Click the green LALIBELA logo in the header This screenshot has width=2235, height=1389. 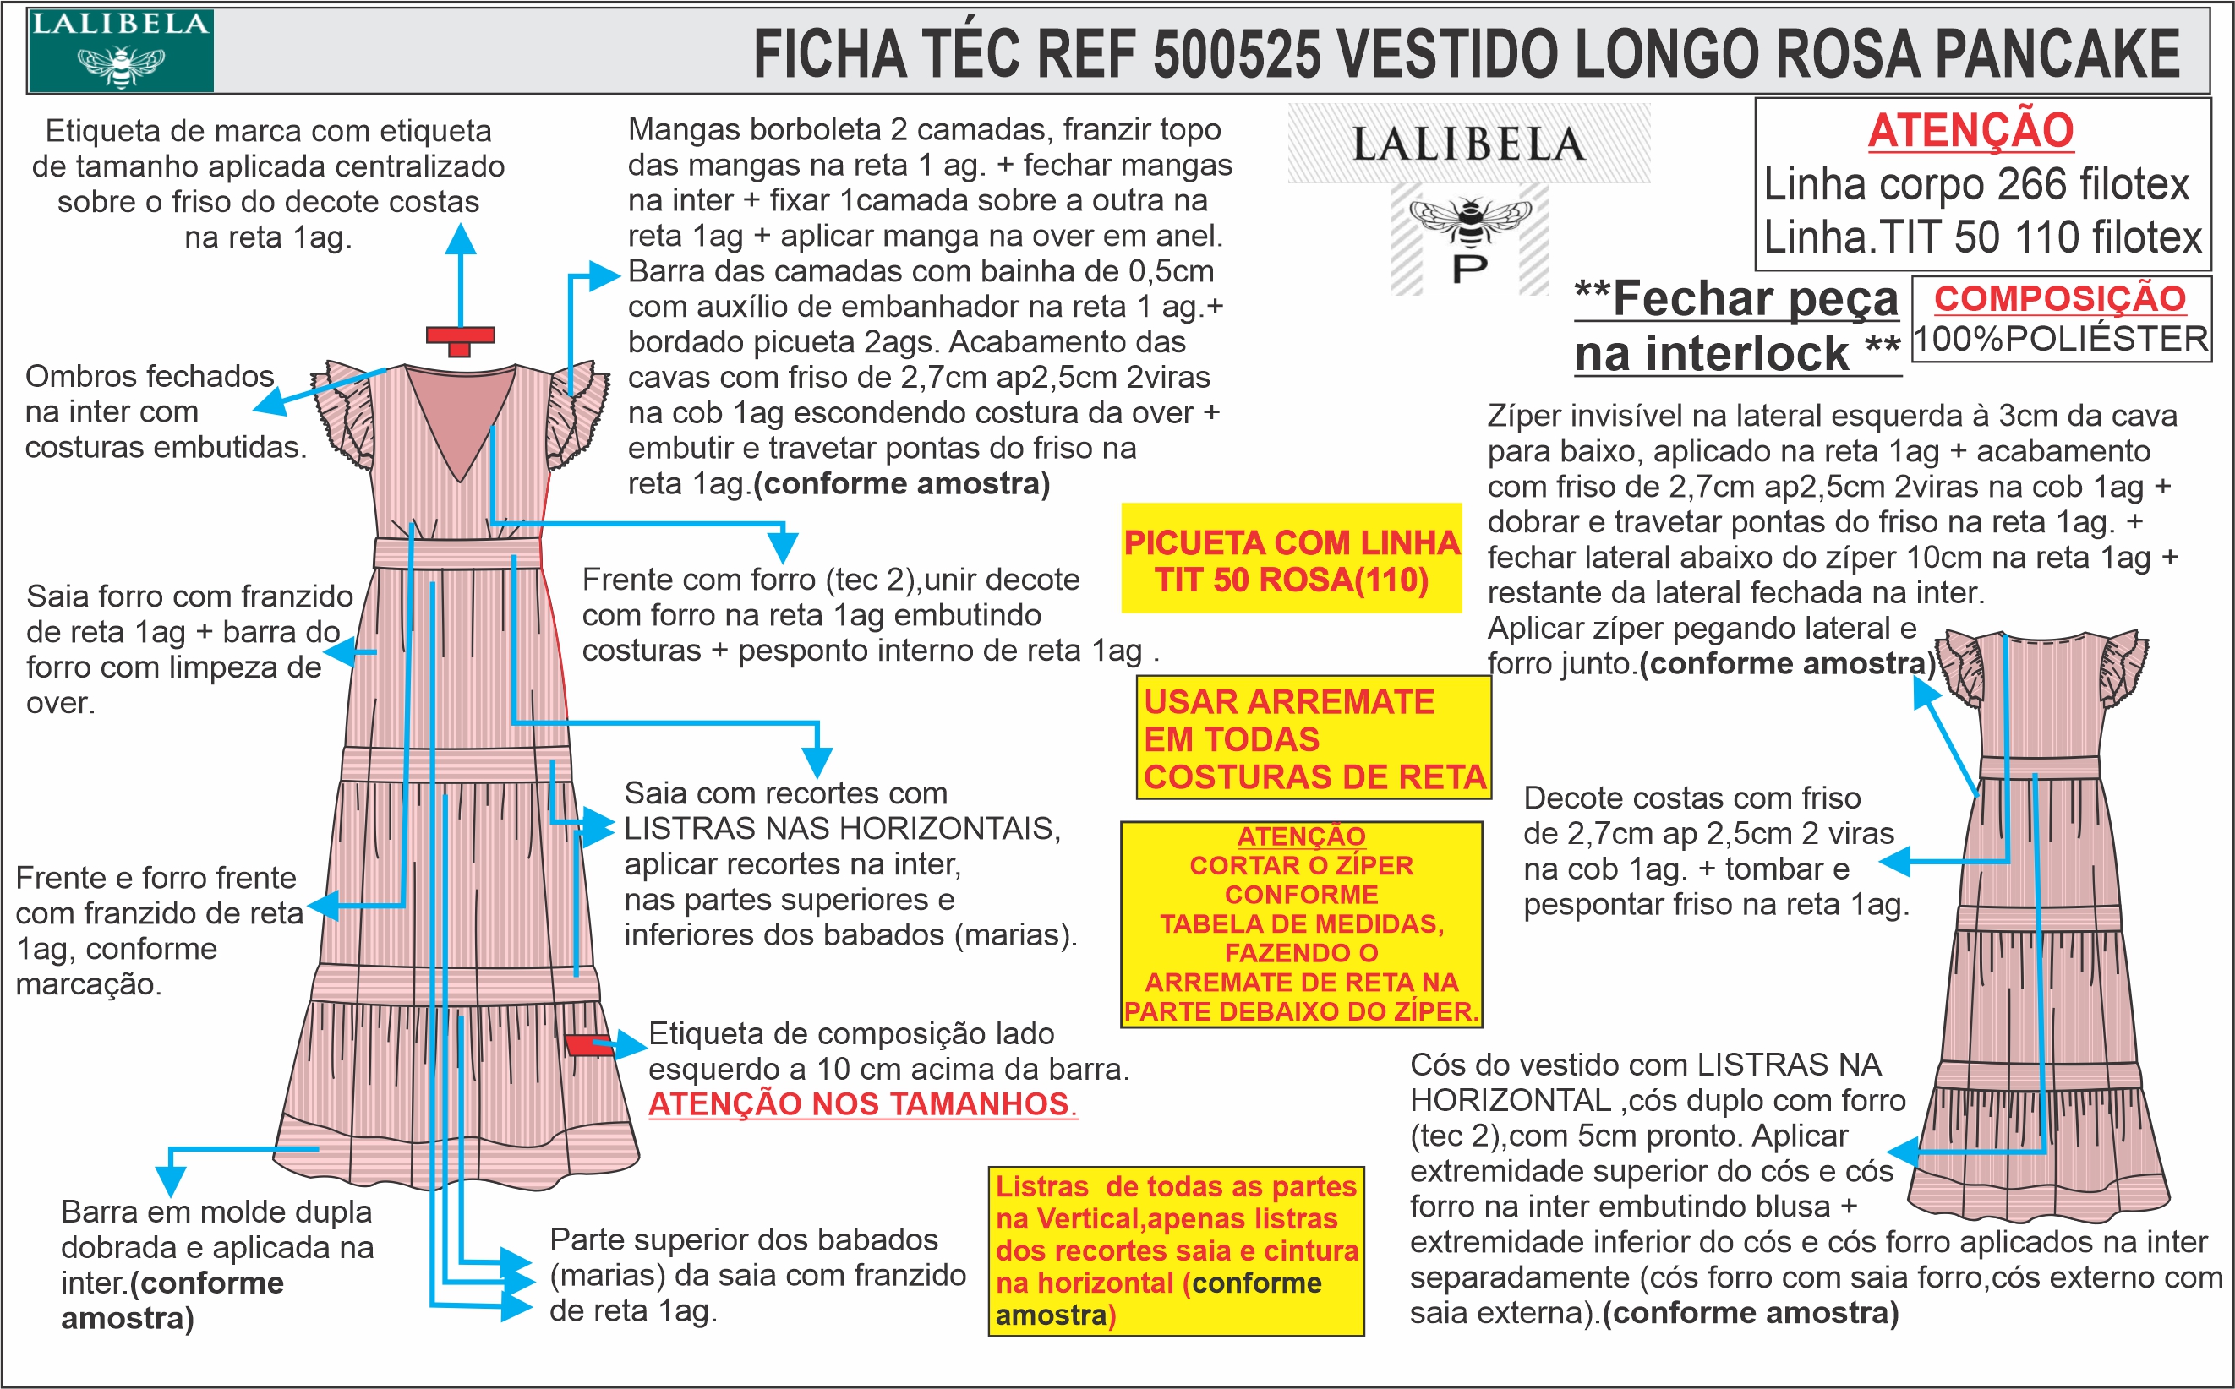pos(120,51)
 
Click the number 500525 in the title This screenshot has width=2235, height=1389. pos(1235,53)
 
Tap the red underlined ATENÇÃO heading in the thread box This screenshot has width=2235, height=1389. pos(1970,130)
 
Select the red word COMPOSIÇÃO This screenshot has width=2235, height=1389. pos(2059,298)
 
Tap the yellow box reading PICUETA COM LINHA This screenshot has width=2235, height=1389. pos(1291,559)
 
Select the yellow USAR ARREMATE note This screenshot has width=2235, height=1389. pos(1314,738)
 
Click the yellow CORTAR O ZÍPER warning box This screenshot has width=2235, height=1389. pos(1301,923)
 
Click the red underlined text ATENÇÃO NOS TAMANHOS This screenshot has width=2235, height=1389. pos(862,1103)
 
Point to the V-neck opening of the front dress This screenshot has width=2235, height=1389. pos(460,413)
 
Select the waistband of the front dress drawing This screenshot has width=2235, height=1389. pos(456,553)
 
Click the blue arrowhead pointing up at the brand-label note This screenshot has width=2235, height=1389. pos(461,239)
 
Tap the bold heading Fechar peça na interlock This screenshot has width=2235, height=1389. pos(1736,326)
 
